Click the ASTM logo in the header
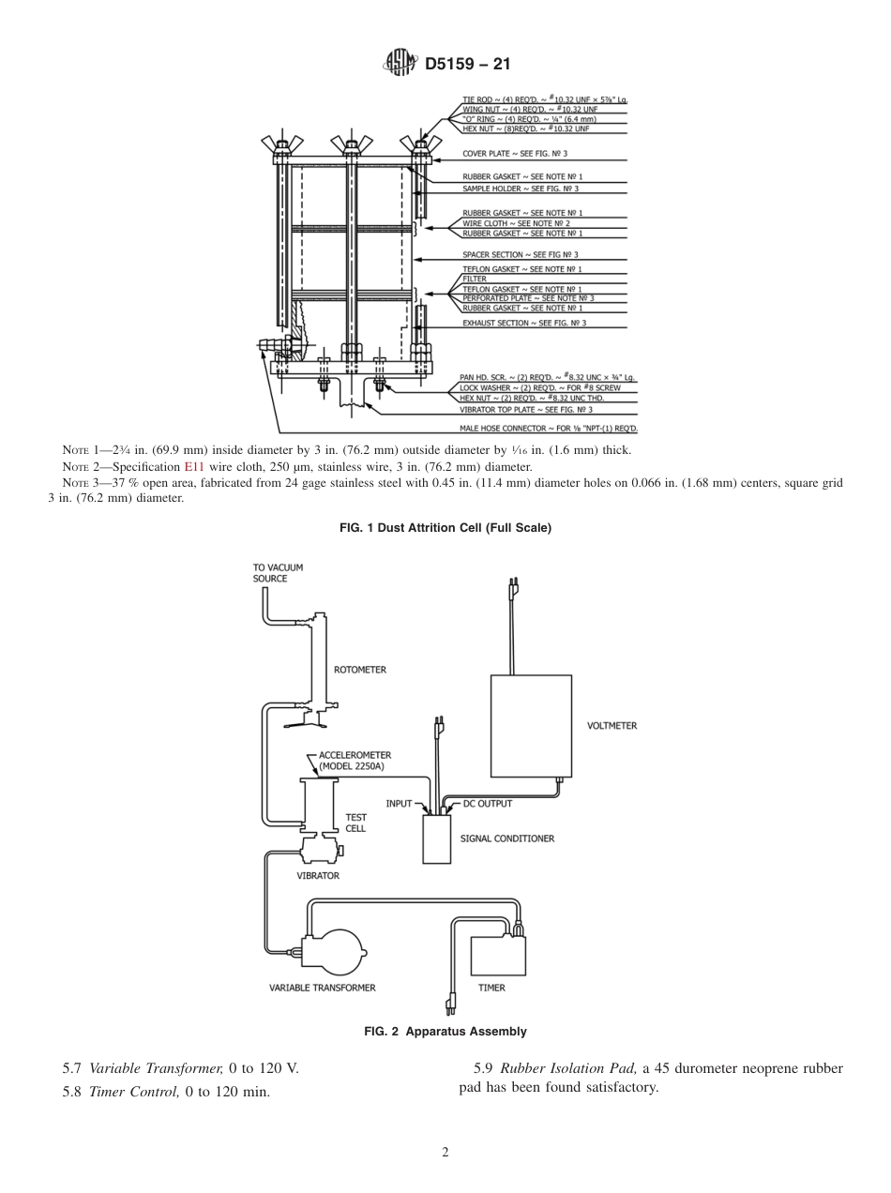(x=400, y=64)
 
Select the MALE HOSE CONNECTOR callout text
(x=548, y=428)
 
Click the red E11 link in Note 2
(x=193, y=466)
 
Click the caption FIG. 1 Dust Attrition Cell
(x=445, y=528)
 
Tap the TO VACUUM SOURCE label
(x=278, y=573)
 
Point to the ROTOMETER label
(x=360, y=670)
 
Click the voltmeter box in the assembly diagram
(x=531, y=725)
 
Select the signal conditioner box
(x=436, y=838)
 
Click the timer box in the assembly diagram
(x=498, y=955)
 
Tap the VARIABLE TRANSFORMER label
(x=322, y=988)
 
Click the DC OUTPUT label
(x=488, y=804)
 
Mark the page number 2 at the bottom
(x=445, y=1153)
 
